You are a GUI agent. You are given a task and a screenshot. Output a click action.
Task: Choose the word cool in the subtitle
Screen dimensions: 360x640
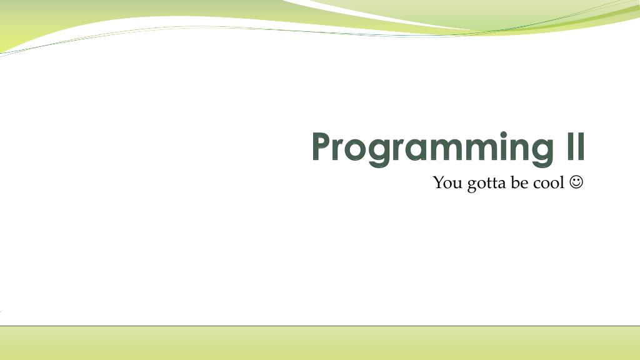click(549, 183)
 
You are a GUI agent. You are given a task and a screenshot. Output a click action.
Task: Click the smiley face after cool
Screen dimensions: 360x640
click(576, 182)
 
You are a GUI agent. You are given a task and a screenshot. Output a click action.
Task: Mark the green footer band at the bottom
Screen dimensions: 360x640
click(320, 343)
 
